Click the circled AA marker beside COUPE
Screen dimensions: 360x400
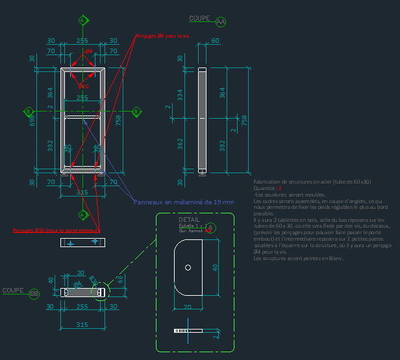click(221, 22)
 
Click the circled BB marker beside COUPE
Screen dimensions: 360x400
click(34, 294)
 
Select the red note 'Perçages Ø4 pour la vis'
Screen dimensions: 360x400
click(162, 36)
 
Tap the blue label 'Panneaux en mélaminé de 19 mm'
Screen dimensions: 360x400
click(184, 202)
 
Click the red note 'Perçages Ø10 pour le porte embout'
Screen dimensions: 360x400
click(56, 230)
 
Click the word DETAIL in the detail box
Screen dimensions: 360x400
click(189, 220)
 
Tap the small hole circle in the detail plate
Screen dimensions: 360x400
click(188, 267)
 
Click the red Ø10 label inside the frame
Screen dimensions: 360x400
click(83, 86)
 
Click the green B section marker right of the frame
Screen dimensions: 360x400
click(136, 112)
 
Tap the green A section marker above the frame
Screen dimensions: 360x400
click(82, 21)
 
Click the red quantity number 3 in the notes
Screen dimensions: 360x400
click(280, 188)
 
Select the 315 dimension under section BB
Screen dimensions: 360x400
click(82, 324)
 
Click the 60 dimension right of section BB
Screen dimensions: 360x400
click(119, 280)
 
